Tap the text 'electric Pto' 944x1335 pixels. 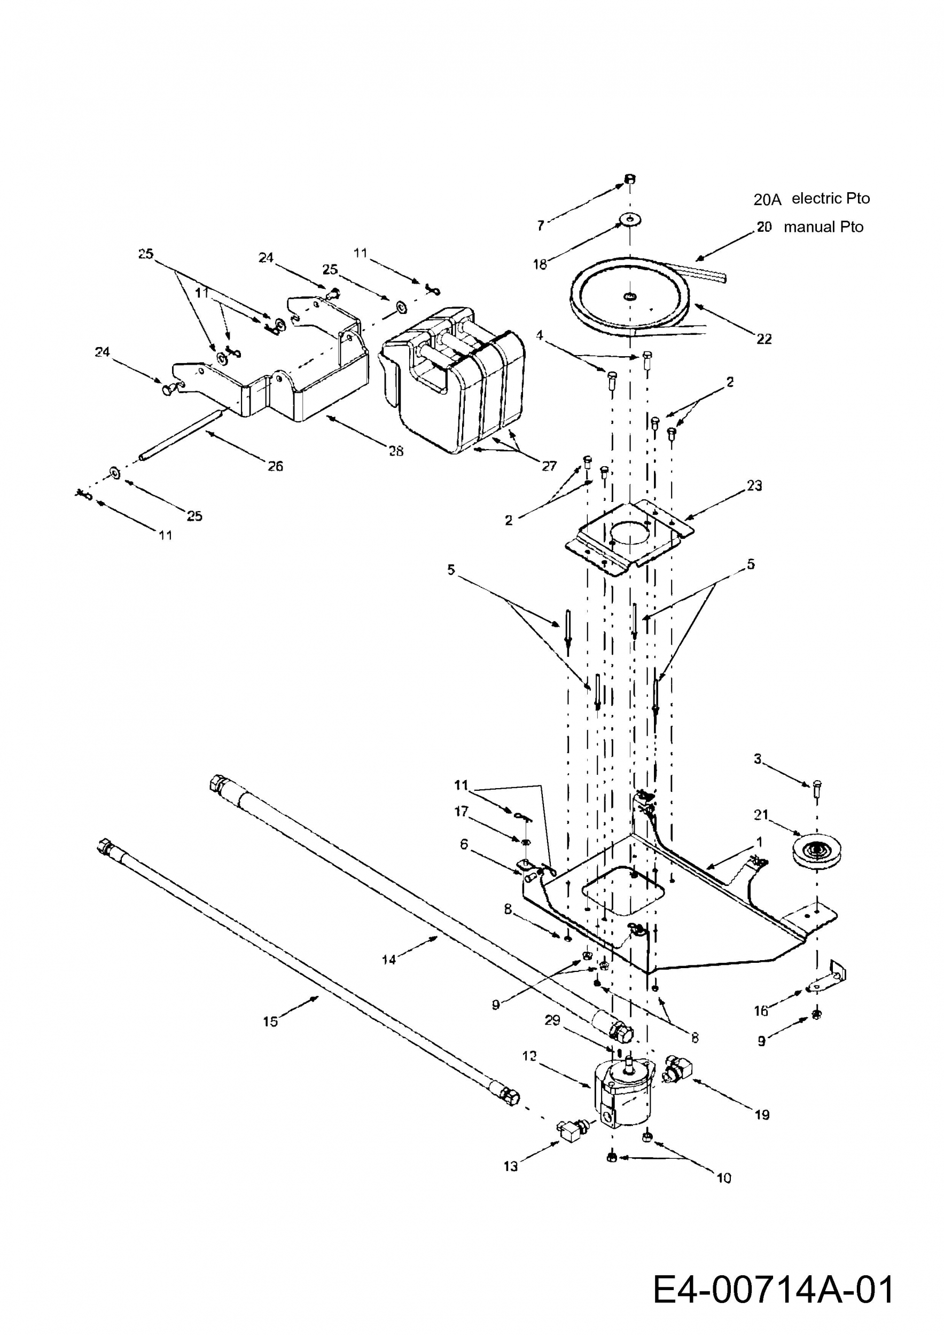coord(831,198)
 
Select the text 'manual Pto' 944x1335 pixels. coord(824,227)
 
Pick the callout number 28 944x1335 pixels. coord(396,451)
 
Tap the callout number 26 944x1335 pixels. coord(275,466)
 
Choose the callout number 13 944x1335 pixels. coord(510,1166)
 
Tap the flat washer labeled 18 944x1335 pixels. coord(629,220)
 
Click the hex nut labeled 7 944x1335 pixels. coord(629,178)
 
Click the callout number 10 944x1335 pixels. coord(724,1178)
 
